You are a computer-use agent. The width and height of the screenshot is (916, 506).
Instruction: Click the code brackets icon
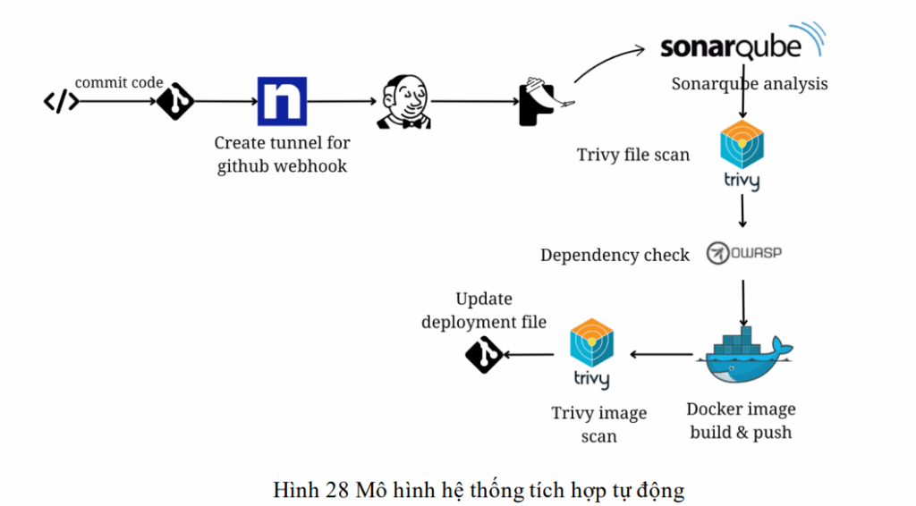point(61,102)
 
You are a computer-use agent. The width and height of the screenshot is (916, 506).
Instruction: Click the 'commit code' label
point(119,83)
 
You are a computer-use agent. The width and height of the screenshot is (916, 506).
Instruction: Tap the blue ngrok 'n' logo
point(282,101)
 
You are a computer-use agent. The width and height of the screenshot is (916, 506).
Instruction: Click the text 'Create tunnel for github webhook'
point(282,154)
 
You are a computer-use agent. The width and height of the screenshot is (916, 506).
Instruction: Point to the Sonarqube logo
point(742,45)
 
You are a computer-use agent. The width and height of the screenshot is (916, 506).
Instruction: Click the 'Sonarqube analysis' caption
point(750,84)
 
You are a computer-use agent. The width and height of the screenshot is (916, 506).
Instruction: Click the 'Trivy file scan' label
point(632,155)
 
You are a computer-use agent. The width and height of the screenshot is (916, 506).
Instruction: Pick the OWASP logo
point(743,253)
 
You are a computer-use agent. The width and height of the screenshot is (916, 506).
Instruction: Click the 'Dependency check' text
point(615,256)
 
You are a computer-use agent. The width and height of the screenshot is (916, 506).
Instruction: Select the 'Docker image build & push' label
point(741,420)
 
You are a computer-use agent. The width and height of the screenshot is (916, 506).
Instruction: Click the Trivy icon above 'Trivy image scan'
point(591,352)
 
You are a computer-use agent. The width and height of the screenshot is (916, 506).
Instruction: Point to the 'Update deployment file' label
point(484,310)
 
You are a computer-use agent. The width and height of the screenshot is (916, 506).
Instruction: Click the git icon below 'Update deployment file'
point(483,355)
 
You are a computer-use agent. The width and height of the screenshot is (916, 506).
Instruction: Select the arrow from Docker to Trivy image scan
point(661,355)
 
